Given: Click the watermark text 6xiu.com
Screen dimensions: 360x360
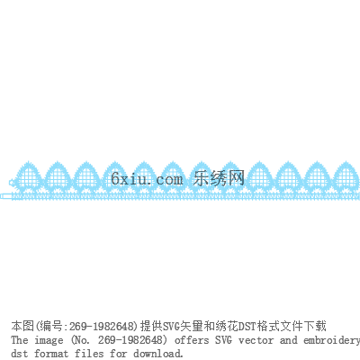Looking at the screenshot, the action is point(147,179).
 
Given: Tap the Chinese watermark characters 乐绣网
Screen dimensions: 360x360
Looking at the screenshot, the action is point(219,178).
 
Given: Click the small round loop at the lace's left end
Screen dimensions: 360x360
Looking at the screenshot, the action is point(12,182).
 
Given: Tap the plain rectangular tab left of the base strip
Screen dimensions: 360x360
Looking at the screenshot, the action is point(6,196).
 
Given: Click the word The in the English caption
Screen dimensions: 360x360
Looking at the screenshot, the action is point(20,340).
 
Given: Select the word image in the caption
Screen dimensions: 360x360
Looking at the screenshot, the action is point(49,341).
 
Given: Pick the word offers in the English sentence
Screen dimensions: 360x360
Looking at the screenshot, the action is point(192,340).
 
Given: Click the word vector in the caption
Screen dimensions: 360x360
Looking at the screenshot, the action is point(256,340).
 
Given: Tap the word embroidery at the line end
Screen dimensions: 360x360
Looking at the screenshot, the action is point(332,340).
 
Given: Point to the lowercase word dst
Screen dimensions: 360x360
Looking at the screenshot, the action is point(20,354).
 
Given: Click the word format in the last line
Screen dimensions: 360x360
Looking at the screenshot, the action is point(51,354).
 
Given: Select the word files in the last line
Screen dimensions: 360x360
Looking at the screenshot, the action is point(89,354).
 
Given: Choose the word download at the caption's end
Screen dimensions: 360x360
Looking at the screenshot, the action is point(158,354).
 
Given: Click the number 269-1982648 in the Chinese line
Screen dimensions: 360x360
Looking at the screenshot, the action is point(101,326).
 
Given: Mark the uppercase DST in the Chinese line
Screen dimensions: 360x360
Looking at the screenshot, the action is point(245,326).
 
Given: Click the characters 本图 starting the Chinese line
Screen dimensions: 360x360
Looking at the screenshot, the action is point(22,326).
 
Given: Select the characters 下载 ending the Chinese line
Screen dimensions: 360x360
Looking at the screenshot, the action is point(315,326).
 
